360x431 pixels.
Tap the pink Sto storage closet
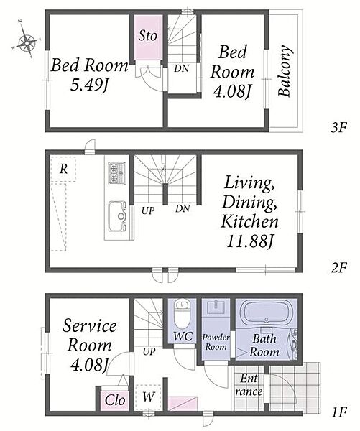(x=148, y=37)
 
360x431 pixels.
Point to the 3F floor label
(x=338, y=128)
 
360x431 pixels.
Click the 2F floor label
(x=338, y=267)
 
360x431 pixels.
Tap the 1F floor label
(x=338, y=412)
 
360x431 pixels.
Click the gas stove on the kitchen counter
(x=117, y=173)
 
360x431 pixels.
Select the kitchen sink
(x=118, y=216)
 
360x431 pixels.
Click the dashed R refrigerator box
(x=63, y=169)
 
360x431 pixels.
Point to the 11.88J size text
(x=250, y=241)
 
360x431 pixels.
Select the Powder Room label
(x=216, y=342)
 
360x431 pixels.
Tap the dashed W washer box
(x=149, y=397)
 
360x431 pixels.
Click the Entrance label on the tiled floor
(x=249, y=385)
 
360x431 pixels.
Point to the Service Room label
(x=90, y=335)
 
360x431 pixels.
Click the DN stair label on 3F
(x=182, y=68)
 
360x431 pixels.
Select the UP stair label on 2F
(x=148, y=210)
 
